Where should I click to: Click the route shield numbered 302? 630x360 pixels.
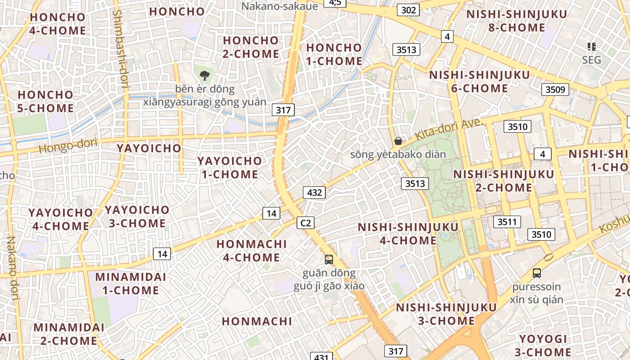pos(408,10)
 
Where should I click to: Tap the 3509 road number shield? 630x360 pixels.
pos(555,89)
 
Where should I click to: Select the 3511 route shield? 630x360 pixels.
pos(507,222)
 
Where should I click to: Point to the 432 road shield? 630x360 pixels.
pos(314,193)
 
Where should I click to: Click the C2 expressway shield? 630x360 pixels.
pos(306,222)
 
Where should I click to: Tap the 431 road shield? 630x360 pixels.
pos(321,357)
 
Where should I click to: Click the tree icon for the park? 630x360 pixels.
pos(205,75)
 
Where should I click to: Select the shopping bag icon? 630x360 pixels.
pos(398,141)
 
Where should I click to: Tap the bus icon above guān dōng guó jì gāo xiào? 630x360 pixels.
pos(329,259)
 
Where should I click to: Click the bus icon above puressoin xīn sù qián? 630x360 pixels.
pos(536,273)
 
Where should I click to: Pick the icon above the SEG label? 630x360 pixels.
pos(592,46)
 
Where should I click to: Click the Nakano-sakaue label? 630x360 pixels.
pos(279,6)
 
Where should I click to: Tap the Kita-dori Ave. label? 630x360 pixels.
pos(449,129)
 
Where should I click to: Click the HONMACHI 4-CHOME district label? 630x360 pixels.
pos(252,251)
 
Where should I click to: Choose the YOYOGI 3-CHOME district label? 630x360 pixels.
pos(545,346)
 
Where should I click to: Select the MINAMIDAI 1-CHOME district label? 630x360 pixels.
pos(130,283)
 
